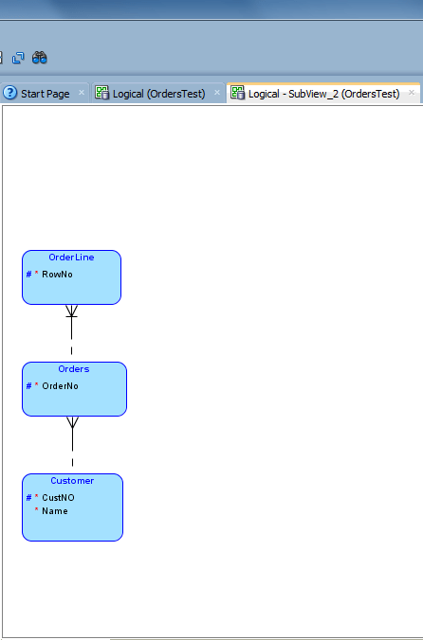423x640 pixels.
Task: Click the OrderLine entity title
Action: click(71, 258)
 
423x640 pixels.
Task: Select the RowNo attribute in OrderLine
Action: click(57, 275)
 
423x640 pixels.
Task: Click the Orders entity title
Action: click(74, 369)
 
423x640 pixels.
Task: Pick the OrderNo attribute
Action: click(60, 386)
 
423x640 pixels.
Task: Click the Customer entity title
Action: click(72, 481)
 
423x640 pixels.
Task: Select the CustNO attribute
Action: click(58, 498)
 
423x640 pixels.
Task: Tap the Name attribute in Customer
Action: click(55, 511)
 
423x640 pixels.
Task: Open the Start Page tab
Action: click(45, 94)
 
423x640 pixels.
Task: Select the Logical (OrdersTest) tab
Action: click(159, 94)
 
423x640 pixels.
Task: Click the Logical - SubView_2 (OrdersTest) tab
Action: click(323, 94)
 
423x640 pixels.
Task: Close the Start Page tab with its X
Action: click(81, 93)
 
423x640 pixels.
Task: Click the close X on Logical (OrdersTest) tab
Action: click(216, 93)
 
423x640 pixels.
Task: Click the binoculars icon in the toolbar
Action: click(40, 58)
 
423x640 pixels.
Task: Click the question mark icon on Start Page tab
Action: click(10, 93)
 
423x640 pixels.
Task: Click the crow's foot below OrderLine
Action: click(71, 311)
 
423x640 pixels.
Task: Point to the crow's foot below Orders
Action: click(71, 422)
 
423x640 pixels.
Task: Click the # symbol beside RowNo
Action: click(28, 275)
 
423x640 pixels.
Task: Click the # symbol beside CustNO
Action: click(28, 498)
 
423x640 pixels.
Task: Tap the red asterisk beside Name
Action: click(36, 511)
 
